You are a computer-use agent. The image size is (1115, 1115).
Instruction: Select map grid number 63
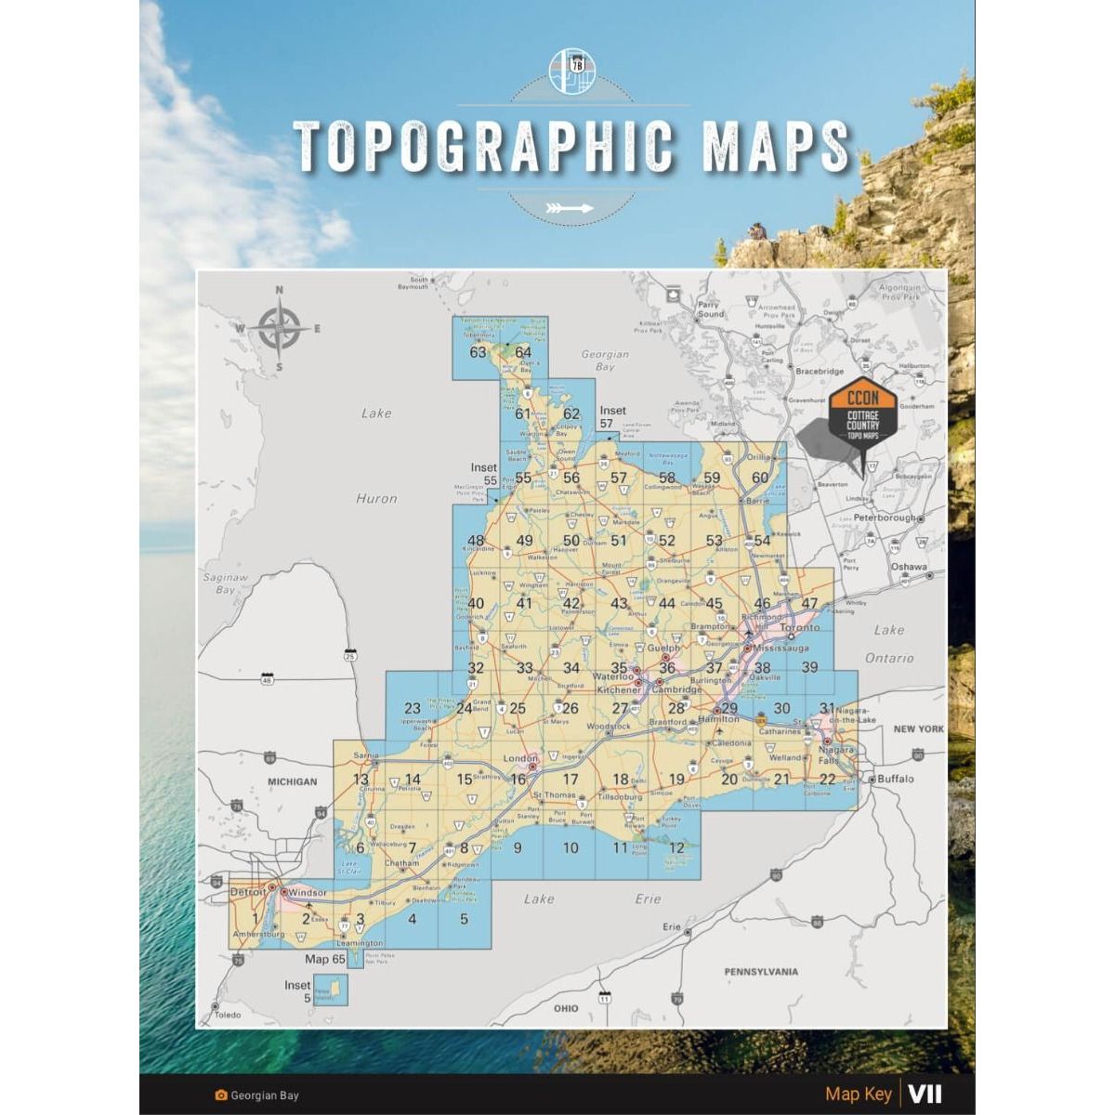[479, 352]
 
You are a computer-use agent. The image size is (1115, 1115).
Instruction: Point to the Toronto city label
[800, 628]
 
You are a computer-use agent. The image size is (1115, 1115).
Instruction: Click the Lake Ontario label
[889, 644]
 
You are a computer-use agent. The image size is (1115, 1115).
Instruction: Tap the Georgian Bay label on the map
[605, 360]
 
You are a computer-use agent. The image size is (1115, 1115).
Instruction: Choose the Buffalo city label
[895, 779]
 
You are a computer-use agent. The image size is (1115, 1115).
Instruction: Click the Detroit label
[247, 892]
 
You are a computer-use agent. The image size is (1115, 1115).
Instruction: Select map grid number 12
[676, 847]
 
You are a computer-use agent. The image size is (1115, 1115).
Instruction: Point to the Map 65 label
[325, 959]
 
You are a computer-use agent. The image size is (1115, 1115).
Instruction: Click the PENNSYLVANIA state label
[761, 972]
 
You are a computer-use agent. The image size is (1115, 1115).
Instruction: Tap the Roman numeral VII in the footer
[925, 1094]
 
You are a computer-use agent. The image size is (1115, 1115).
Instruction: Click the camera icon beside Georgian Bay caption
[221, 1095]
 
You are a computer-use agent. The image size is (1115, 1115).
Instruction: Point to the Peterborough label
[884, 518]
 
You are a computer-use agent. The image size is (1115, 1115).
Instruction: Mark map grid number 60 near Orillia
[760, 478]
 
